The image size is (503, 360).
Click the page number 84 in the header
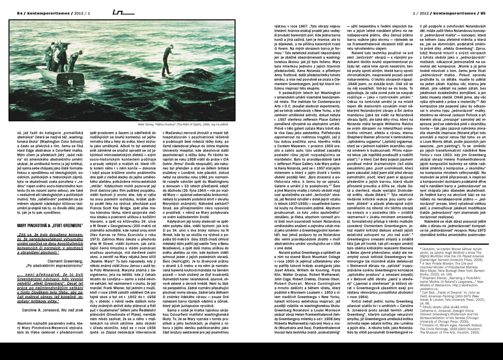[x=19, y=13]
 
